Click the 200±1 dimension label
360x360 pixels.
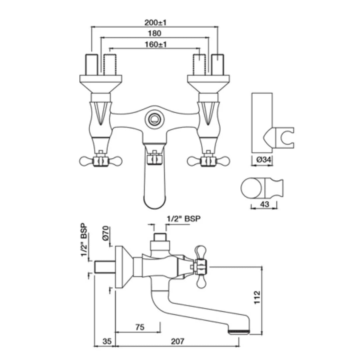coord(155,23)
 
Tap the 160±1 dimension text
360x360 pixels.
coord(156,44)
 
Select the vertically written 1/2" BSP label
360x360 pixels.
coord(84,240)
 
